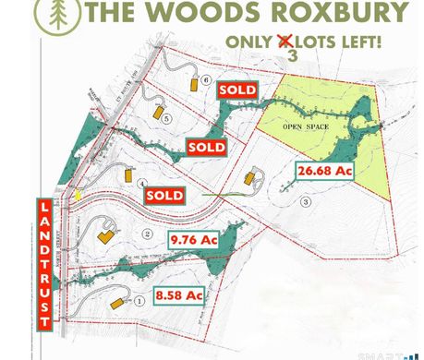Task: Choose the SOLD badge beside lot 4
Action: [164, 196]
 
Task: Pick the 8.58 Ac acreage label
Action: [179, 295]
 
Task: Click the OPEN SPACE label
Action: [304, 125]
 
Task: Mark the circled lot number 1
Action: [139, 298]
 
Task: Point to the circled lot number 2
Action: [148, 234]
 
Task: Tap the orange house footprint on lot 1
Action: [116, 303]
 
